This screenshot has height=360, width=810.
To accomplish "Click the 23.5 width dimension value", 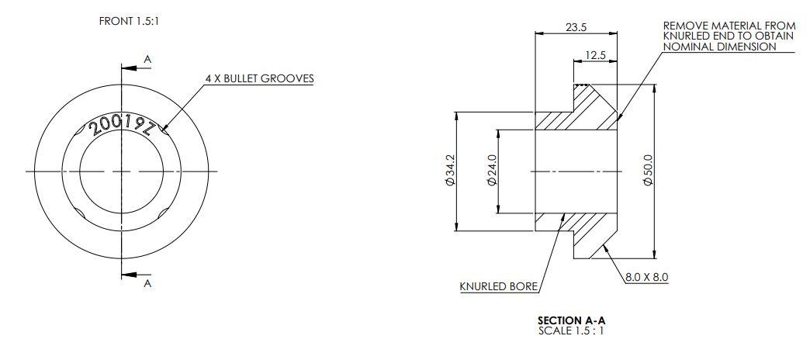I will point(576,27).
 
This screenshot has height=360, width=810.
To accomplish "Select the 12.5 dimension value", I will point(596,55).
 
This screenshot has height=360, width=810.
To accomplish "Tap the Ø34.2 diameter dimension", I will point(451,171).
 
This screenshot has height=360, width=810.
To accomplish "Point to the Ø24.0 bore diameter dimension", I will point(491,171).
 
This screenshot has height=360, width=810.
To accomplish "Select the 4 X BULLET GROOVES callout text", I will point(259,79).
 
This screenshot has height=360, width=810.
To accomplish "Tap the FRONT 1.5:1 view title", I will point(130,21).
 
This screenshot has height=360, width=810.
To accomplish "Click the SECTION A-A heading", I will point(570,320).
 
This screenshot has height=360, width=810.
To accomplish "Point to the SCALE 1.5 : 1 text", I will point(570,331).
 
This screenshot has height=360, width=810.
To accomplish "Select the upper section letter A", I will point(147,59).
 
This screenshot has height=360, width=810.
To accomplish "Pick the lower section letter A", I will point(147,284).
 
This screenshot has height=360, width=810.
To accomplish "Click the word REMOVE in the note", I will point(682,26).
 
